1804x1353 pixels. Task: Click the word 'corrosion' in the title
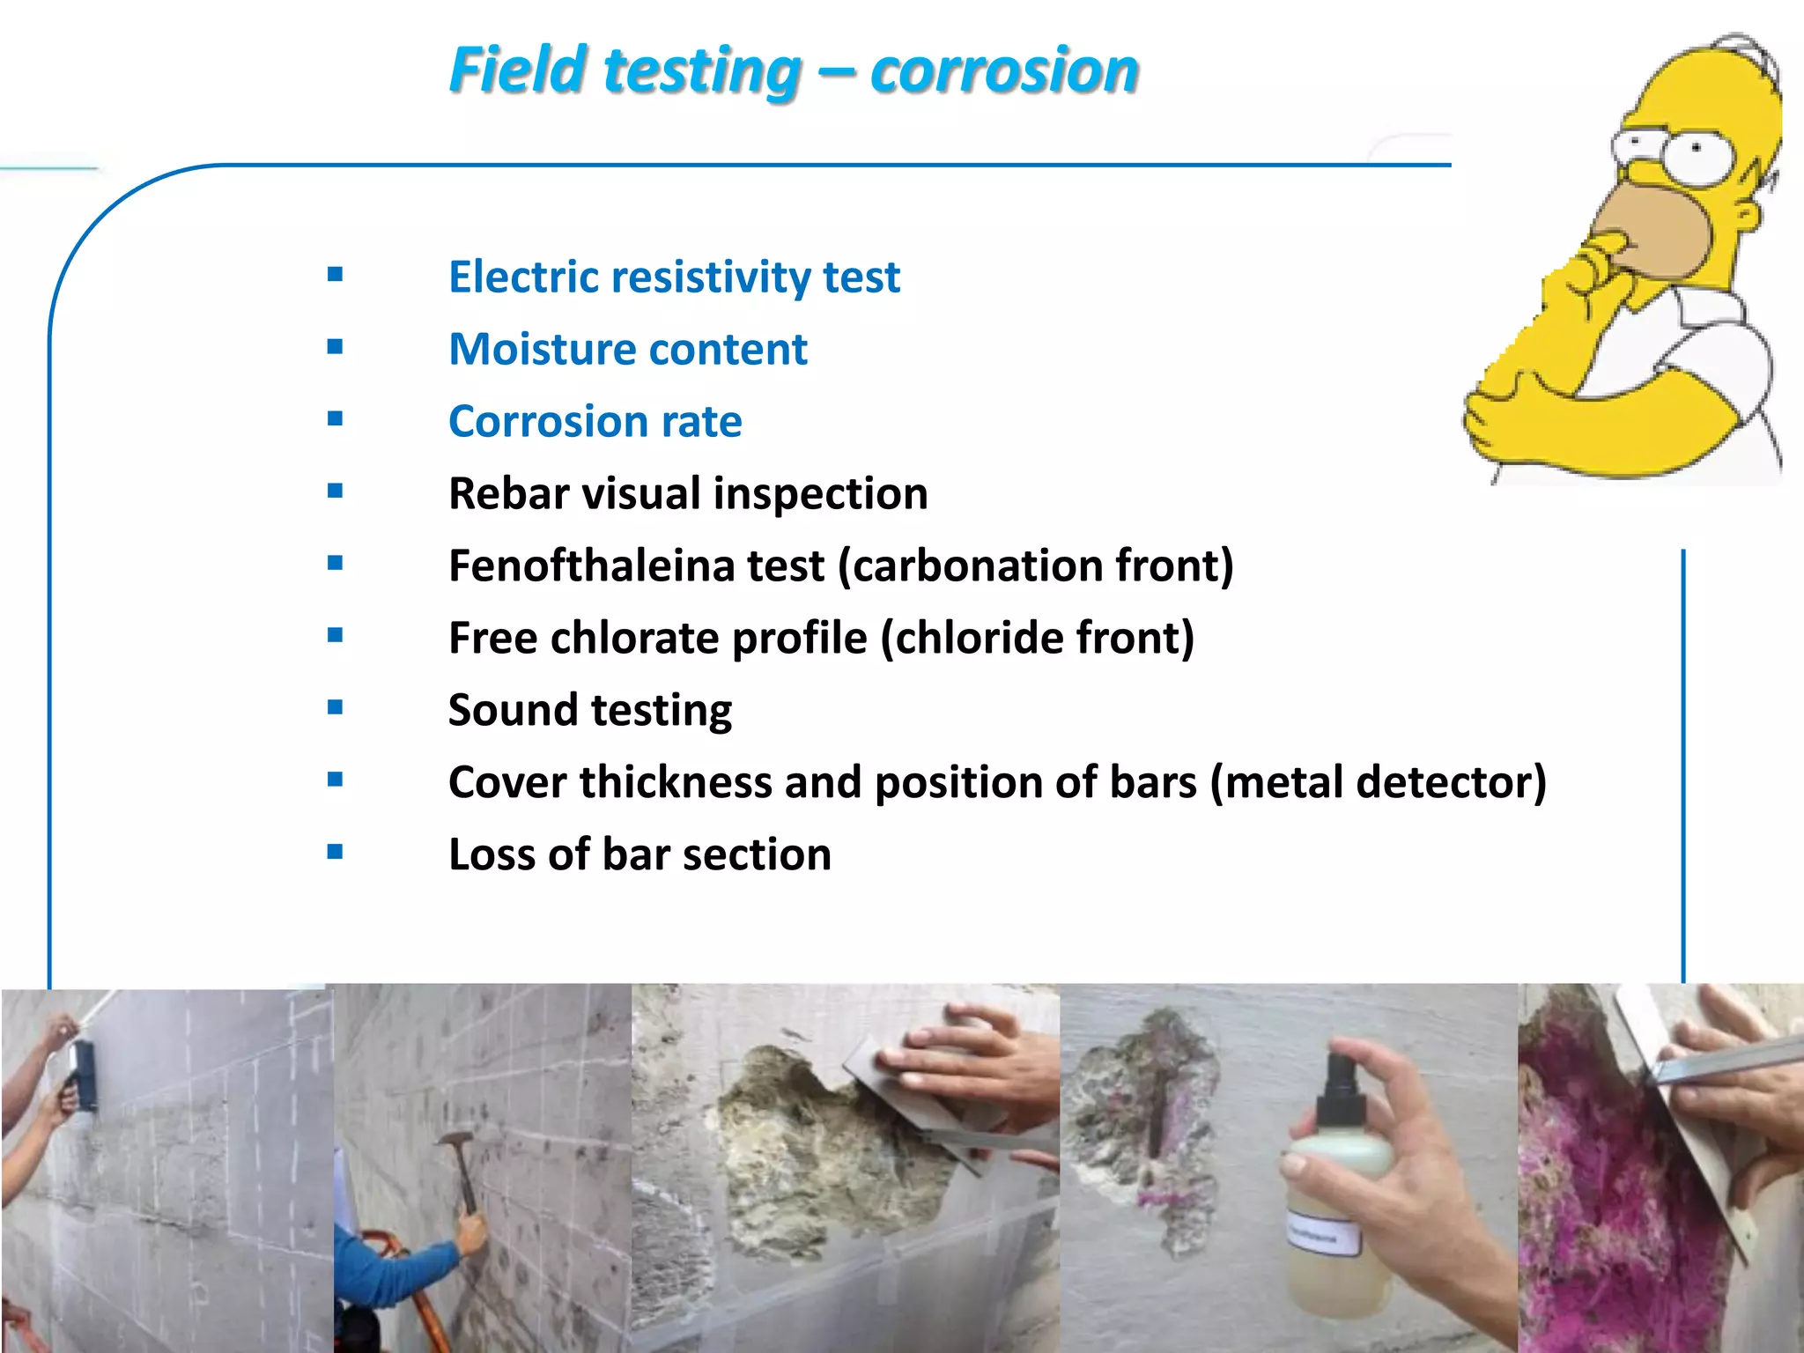tap(1004, 70)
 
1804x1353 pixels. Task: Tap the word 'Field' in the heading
tap(518, 70)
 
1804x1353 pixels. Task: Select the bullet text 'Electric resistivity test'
tap(674, 277)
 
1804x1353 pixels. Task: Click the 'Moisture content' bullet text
tap(627, 350)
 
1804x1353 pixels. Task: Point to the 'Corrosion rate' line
tap(595, 422)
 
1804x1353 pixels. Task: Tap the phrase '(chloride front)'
tap(1038, 638)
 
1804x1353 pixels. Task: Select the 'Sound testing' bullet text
tap(589, 710)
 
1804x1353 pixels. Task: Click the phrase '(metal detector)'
tap(1378, 782)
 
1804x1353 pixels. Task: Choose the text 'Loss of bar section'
tap(640, 854)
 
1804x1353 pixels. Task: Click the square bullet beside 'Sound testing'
tap(335, 707)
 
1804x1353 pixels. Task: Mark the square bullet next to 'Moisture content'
tap(335, 347)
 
